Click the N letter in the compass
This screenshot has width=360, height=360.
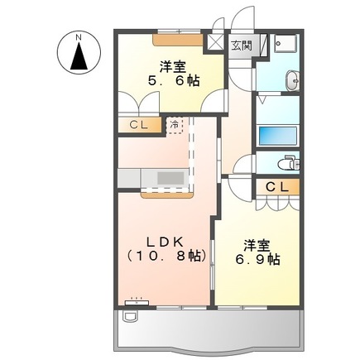[79, 37]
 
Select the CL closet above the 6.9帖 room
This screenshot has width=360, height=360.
[277, 187]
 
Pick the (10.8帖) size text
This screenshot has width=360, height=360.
[165, 257]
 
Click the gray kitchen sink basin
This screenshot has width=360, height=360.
[172, 178]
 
